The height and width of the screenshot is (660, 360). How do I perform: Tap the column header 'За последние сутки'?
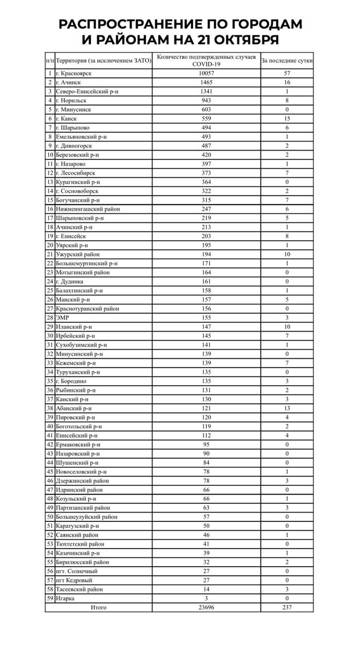pyautogui.click(x=287, y=61)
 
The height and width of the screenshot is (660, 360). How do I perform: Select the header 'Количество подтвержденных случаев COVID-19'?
pyautogui.click(x=206, y=60)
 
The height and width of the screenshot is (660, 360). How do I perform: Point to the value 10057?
pyautogui.click(x=206, y=73)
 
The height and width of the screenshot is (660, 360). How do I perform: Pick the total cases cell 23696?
pyautogui.click(x=206, y=607)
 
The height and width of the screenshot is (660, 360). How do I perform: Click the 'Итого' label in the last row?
pyautogui.click(x=99, y=607)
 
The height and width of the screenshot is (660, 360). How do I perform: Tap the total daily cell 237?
pyautogui.click(x=287, y=607)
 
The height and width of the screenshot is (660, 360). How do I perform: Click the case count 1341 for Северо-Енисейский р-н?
pyautogui.click(x=206, y=91)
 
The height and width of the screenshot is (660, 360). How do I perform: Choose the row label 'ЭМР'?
pyautogui.click(x=62, y=318)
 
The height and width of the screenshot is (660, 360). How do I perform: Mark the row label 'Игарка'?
pyautogui.click(x=66, y=598)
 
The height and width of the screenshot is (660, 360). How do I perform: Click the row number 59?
pyautogui.click(x=50, y=598)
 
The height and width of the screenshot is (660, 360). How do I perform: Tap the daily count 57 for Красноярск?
pyautogui.click(x=287, y=73)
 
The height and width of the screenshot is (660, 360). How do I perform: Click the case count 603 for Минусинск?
pyautogui.click(x=206, y=109)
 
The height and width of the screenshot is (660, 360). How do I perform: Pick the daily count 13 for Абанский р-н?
pyautogui.click(x=287, y=408)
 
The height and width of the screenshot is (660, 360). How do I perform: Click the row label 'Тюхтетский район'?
pyautogui.click(x=80, y=544)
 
